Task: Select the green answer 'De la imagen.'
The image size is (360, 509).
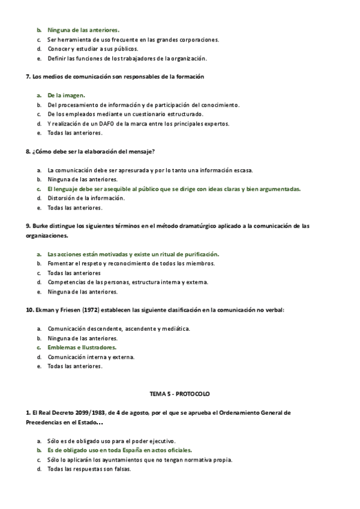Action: tap(66, 95)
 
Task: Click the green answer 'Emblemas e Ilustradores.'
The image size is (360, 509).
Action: tap(82, 347)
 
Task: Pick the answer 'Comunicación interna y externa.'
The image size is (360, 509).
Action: tap(91, 357)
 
